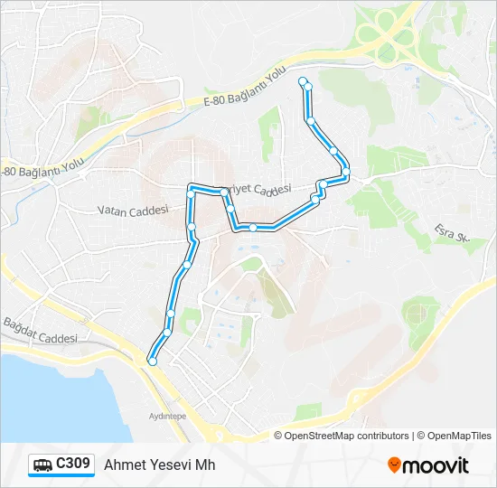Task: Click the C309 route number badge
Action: [x=72, y=464]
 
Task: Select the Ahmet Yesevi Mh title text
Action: [x=160, y=465]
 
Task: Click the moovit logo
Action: [x=428, y=465]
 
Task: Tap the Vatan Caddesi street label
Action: [x=134, y=210]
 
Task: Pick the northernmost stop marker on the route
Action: [x=303, y=81]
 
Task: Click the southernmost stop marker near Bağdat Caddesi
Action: [x=152, y=361]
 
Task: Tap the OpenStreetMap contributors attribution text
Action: [x=347, y=436]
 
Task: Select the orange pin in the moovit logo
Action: [x=395, y=465]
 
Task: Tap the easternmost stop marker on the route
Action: [x=345, y=171]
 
